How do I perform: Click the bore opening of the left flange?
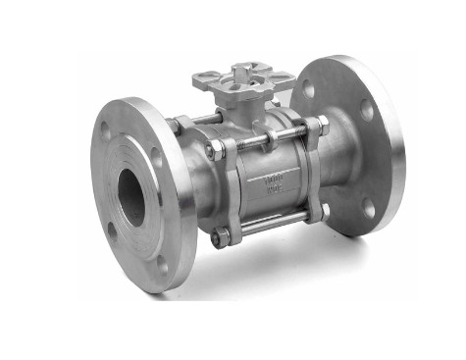pos(131,198)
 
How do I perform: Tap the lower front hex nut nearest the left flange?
pos(223,236)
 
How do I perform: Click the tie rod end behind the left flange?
pos(176,126)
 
